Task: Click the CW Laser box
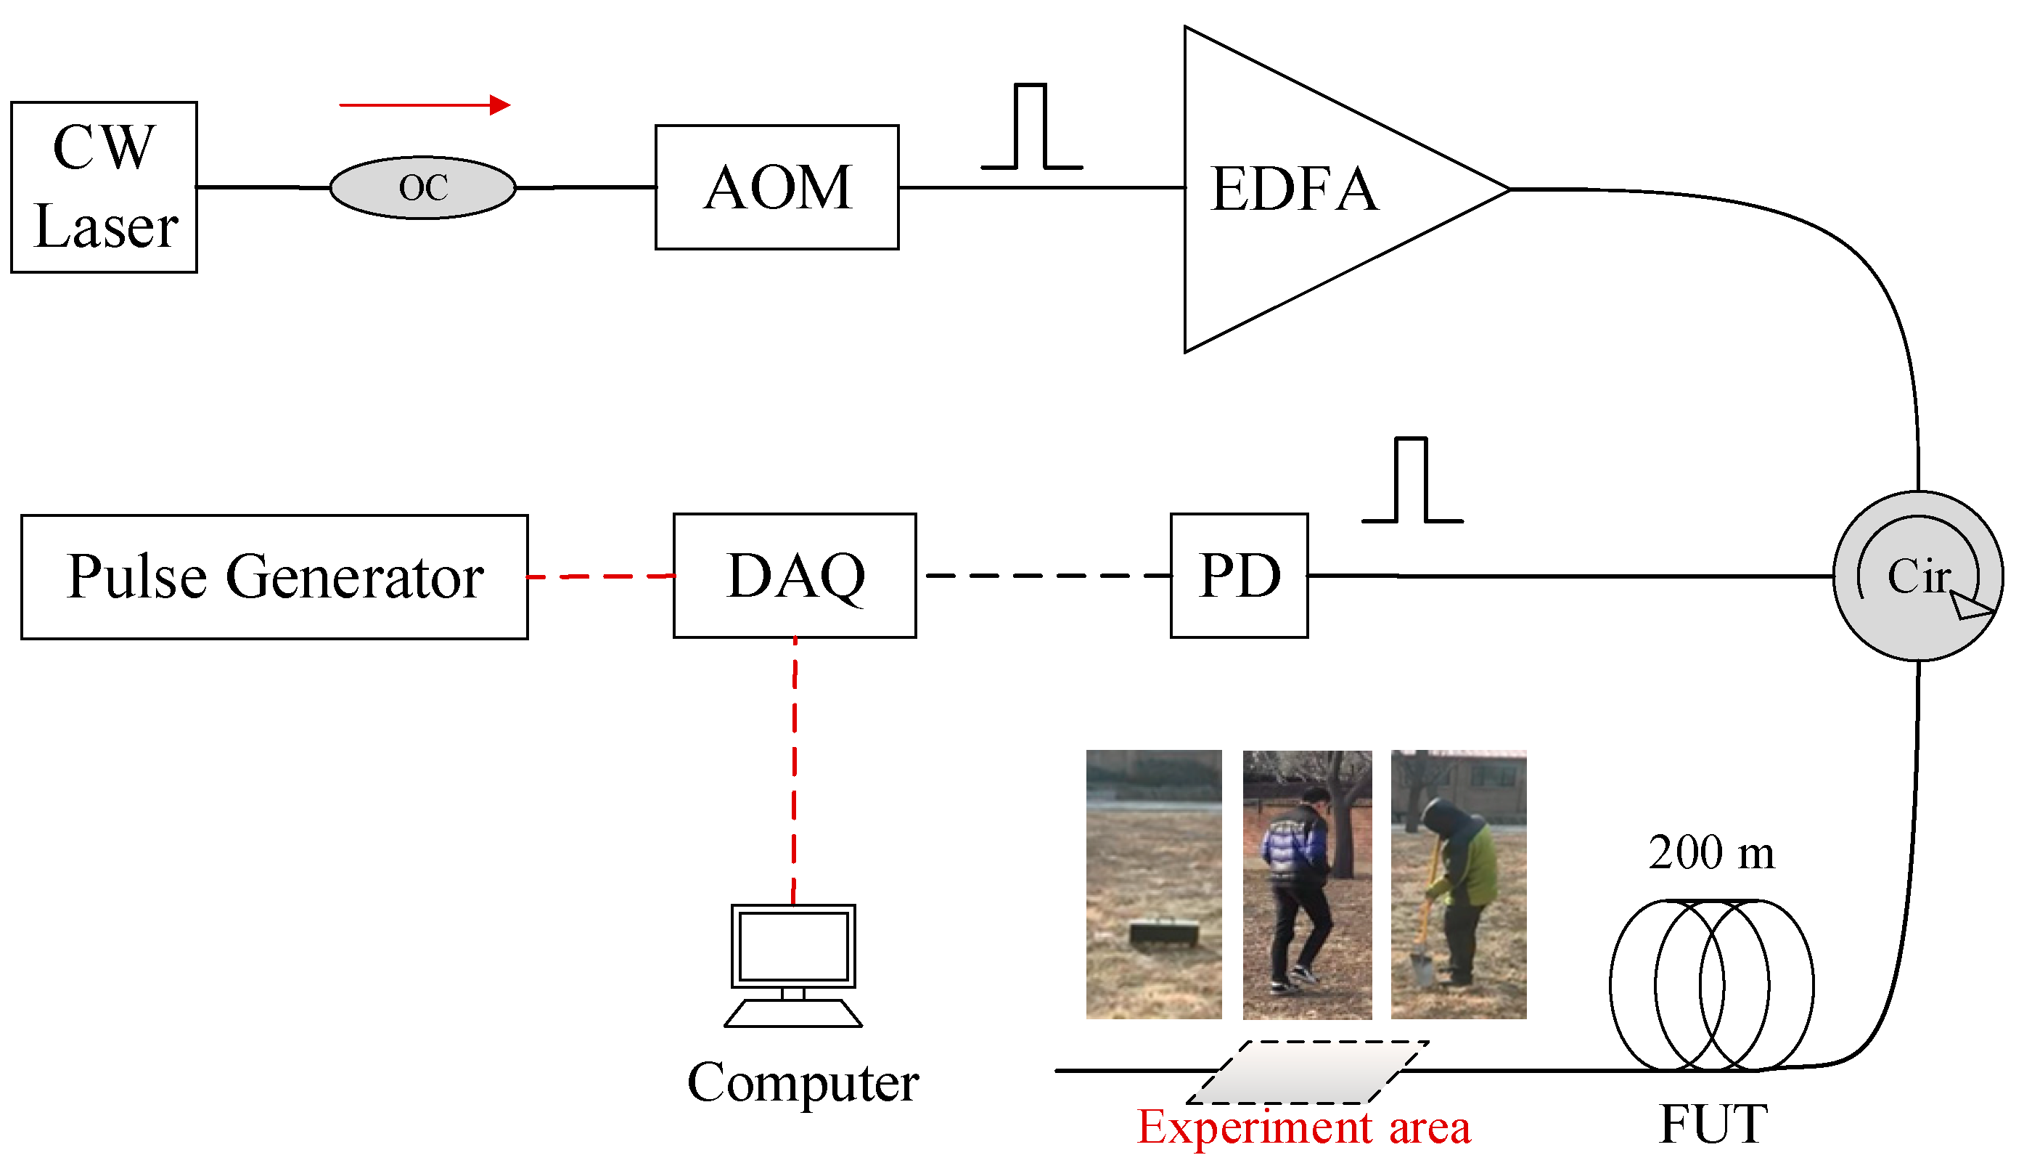tap(104, 188)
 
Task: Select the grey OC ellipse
tap(422, 188)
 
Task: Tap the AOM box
tap(776, 188)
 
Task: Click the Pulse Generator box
tap(274, 576)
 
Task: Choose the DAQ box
tap(795, 576)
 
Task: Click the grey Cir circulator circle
tap(1917, 576)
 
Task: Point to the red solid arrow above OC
tap(424, 105)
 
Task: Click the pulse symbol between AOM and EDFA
tap(1031, 128)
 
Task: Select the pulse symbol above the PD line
tap(1412, 481)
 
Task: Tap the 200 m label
tap(1712, 853)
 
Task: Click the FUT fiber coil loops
tap(1711, 985)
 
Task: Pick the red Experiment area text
tap(1303, 1128)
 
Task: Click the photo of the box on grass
tap(1153, 884)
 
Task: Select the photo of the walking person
tap(1307, 884)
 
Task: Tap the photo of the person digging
tap(1458, 884)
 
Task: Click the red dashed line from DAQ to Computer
tap(795, 771)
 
